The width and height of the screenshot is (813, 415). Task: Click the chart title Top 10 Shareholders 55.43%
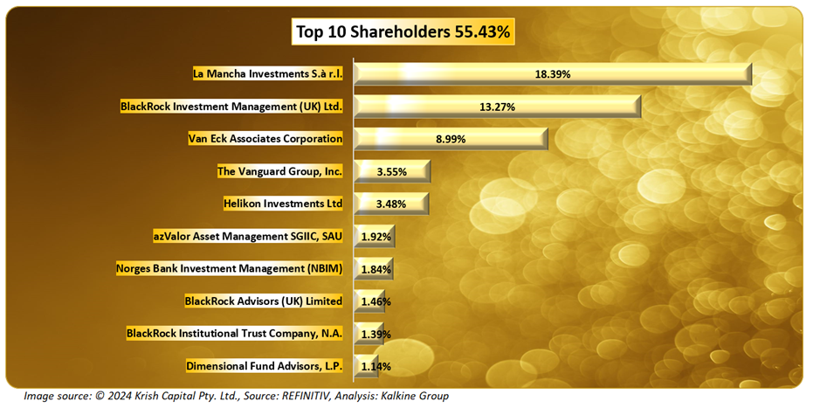[x=403, y=32]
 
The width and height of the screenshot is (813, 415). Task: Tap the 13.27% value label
[x=497, y=107]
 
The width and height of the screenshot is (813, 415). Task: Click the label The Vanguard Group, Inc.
[x=279, y=171]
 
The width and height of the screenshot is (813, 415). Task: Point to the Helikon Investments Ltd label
[x=283, y=204]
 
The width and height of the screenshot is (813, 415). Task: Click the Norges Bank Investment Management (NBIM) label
[x=230, y=269]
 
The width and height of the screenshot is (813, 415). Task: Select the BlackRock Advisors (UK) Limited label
[x=264, y=301]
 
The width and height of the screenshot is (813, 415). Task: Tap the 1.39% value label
[x=375, y=335]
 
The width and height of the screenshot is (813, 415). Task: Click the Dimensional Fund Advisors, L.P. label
[x=265, y=366]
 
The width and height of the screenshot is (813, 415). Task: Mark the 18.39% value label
[x=552, y=74]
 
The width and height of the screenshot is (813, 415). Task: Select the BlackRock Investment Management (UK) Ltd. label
[x=231, y=107]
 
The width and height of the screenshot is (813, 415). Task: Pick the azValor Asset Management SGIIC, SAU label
[x=247, y=236]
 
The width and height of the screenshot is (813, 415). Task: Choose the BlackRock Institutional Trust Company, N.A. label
[x=235, y=334]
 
